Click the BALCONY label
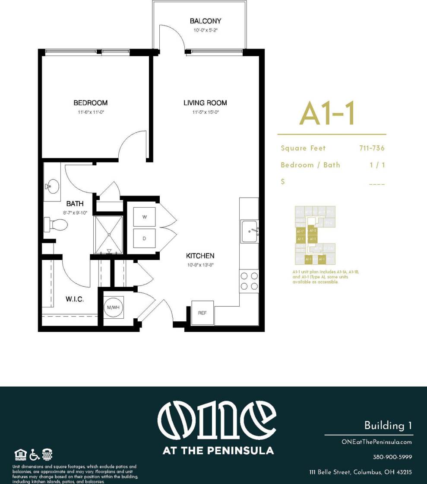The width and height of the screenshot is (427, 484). (206, 21)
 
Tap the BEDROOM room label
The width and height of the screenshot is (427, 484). (90, 103)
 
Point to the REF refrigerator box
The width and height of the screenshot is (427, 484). (202, 312)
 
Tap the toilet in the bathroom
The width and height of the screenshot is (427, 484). (56, 224)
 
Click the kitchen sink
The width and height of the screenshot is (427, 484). (250, 231)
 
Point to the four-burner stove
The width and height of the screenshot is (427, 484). (249, 280)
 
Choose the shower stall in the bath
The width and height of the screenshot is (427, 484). (109, 234)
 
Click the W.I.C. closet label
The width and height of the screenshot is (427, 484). (75, 299)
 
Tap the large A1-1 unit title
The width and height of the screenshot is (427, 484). (328, 113)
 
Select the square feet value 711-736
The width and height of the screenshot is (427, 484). (371, 148)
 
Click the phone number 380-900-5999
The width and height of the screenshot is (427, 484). (392, 457)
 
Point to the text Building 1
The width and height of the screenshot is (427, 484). (388, 425)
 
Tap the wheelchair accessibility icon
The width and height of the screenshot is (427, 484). (35, 455)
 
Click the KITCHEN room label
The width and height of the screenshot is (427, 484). (200, 256)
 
